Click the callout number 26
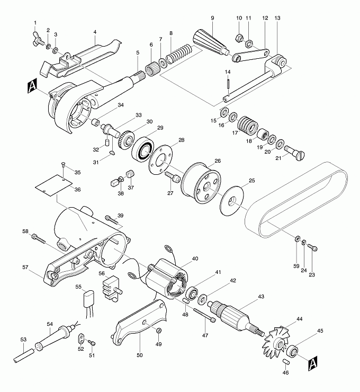(217, 161)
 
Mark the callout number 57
(25, 268)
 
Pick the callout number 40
(195, 259)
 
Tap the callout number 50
(140, 355)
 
